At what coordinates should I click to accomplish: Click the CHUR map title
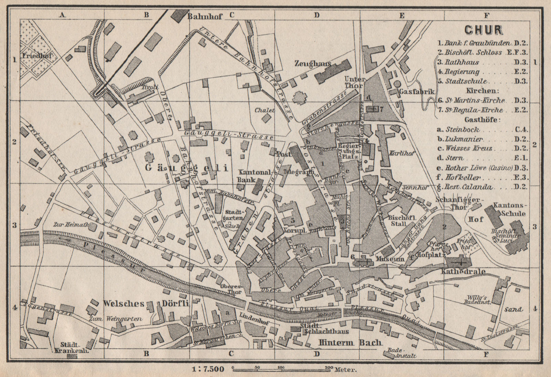point(484,30)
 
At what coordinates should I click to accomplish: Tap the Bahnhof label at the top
point(205,16)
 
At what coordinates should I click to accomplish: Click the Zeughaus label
point(313,63)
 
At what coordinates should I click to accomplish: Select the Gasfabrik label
point(417,91)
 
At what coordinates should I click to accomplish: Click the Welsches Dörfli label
point(146,303)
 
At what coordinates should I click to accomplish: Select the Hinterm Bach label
point(350,342)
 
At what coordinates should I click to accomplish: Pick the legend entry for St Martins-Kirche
point(475,100)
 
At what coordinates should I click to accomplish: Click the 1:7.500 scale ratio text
point(208,369)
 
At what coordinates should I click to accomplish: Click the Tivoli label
point(150,87)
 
